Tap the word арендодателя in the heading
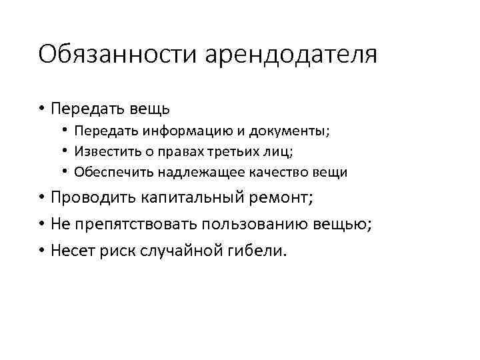point(291,55)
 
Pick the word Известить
point(103,151)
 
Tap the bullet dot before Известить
point(66,151)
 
